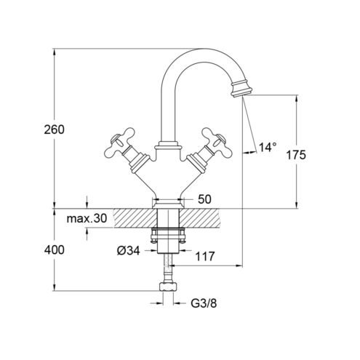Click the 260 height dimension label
click(x=54, y=129)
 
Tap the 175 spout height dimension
click(x=296, y=155)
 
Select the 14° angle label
click(x=268, y=147)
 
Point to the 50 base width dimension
click(x=204, y=199)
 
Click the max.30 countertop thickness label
click(x=87, y=218)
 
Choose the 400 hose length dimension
click(x=55, y=250)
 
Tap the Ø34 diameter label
click(x=128, y=251)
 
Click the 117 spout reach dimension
click(x=205, y=256)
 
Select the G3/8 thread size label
click(x=204, y=303)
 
